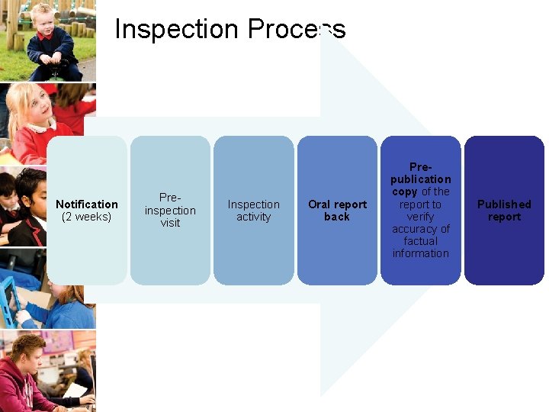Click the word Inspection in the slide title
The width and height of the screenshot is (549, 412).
[x=176, y=30]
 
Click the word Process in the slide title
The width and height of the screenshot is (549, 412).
[x=295, y=30]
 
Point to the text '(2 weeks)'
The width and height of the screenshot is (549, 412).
[x=87, y=217]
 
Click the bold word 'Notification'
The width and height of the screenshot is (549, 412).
[x=87, y=204]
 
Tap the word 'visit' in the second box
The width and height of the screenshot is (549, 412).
[x=170, y=223]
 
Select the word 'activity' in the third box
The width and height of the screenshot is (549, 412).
[x=253, y=217]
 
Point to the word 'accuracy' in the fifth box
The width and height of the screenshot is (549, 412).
[x=421, y=229]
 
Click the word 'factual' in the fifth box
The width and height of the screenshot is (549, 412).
[x=421, y=241]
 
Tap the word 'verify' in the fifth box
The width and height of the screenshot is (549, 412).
[x=421, y=217]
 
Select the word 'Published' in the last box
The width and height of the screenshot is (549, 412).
[x=504, y=204]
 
